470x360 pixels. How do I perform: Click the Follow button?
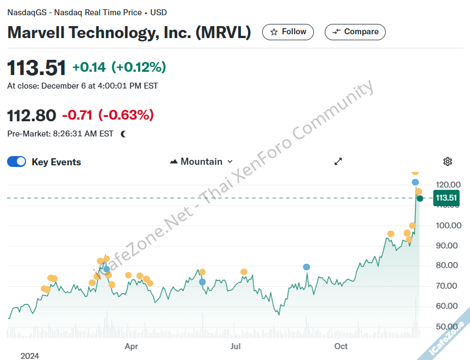click(x=288, y=32)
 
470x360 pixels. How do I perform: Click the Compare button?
click(x=355, y=32)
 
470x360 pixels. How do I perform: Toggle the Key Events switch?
click(x=17, y=162)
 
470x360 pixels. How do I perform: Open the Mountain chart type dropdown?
click(x=201, y=162)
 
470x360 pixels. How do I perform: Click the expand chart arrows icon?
click(x=338, y=162)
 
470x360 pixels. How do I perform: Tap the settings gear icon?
click(x=448, y=162)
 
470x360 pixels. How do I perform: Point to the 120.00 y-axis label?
click(x=449, y=185)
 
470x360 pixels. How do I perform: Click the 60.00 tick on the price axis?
click(x=449, y=306)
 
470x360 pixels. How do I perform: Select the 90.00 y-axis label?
click(x=449, y=246)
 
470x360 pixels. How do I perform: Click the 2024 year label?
click(x=30, y=356)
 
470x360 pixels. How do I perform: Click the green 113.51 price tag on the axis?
click(x=446, y=198)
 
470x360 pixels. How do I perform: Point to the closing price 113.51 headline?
click(x=36, y=68)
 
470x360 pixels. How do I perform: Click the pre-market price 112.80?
click(x=32, y=115)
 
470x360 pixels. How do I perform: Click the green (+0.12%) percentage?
click(x=139, y=67)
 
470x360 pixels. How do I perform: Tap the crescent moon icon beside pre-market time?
click(x=123, y=134)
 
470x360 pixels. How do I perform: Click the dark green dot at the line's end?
click(x=420, y=198)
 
